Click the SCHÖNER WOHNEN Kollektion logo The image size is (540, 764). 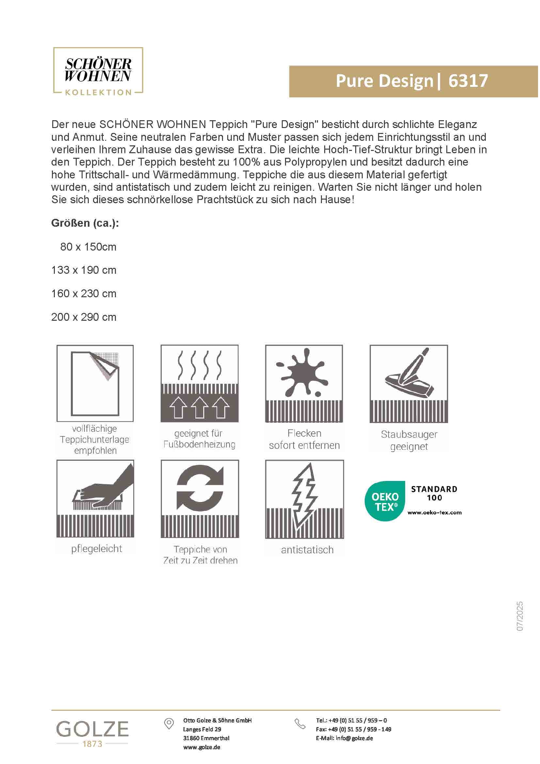(x=98, y=71)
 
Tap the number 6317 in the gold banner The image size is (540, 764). (x=468, y=81)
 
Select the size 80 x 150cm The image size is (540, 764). (x=88, y=247)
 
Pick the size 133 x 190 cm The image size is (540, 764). (x=84, y=270)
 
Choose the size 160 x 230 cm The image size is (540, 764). (x=84, y=294)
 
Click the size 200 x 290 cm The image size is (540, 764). (x=84, y=317)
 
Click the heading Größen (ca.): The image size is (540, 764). (x=85, y=223)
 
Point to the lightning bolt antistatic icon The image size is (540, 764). (x=305, y=496)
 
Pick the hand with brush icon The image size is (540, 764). (x=100, y=493)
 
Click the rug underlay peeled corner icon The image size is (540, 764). (x=95, y=383)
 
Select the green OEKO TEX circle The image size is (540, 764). (x=385, y=501)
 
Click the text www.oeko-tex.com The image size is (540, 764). (x=434, y=512)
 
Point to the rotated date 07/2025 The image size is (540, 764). (x=520, y=616)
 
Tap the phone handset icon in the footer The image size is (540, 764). (x=300, y=724)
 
